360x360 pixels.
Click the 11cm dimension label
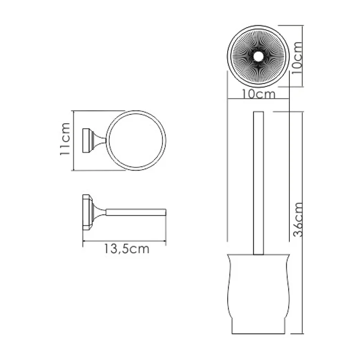click(65, 140)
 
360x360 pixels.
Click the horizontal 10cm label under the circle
click(258, 94)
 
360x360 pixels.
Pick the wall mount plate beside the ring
click(85, 140)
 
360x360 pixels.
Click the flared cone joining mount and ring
click(98, 140)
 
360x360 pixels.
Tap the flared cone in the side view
click(99, 211)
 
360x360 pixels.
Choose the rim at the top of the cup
click(258, 255)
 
